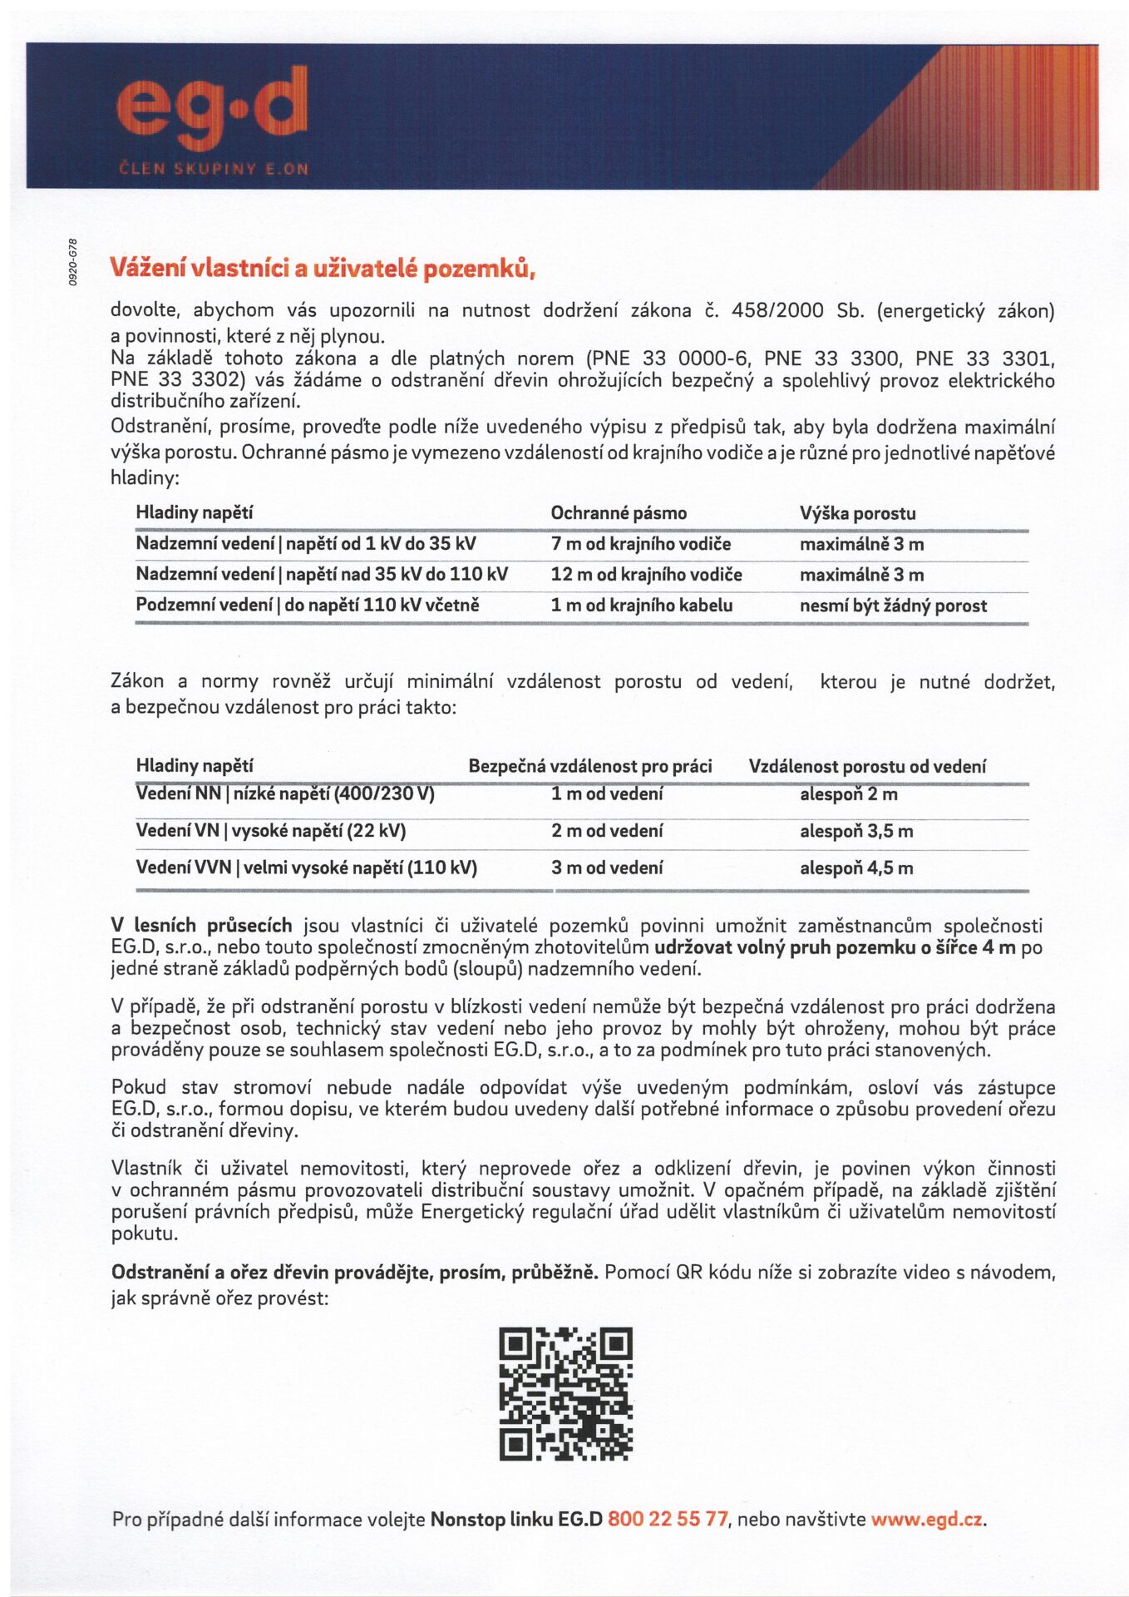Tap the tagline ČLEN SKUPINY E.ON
(213, 169)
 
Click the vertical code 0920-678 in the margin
(73, 263)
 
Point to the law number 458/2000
(777, 311)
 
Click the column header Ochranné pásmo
(619, 513)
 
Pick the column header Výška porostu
(857, 513)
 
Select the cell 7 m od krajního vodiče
(640, 544)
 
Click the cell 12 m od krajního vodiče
(646, 575)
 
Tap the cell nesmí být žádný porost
(893, 606)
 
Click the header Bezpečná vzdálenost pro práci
(590, 766)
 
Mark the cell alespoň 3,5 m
(856, 831)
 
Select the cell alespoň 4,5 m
(856, 868)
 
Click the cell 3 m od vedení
(607, 868)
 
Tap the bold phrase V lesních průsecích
(202, 925)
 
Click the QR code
(565, 1394)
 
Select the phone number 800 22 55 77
(668, 1519)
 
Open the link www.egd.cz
(927, 1519)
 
